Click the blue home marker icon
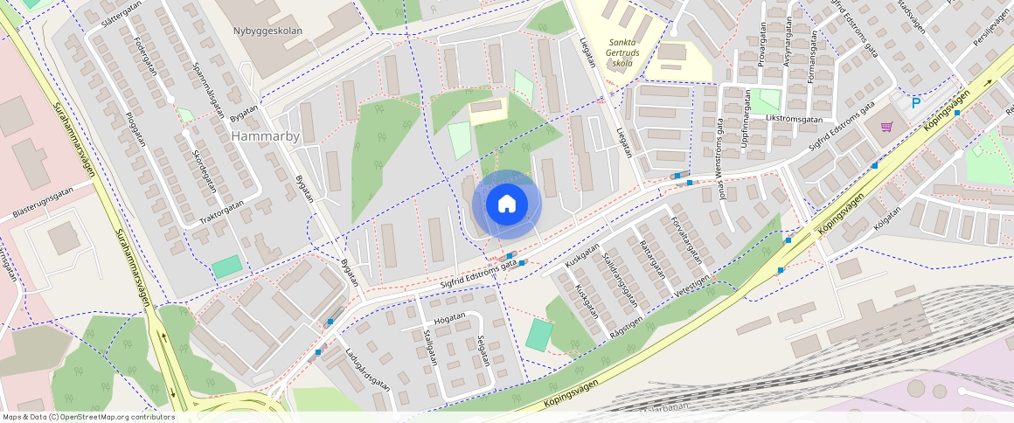coord(506,205)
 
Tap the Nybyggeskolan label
coord(267,31)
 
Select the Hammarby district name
coord(266,136)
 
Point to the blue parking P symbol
coord(916,103)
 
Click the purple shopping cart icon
coord(886,127)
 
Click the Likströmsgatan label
coord(794,118)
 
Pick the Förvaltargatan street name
coord(685,241)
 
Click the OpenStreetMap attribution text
coord(87,417)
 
